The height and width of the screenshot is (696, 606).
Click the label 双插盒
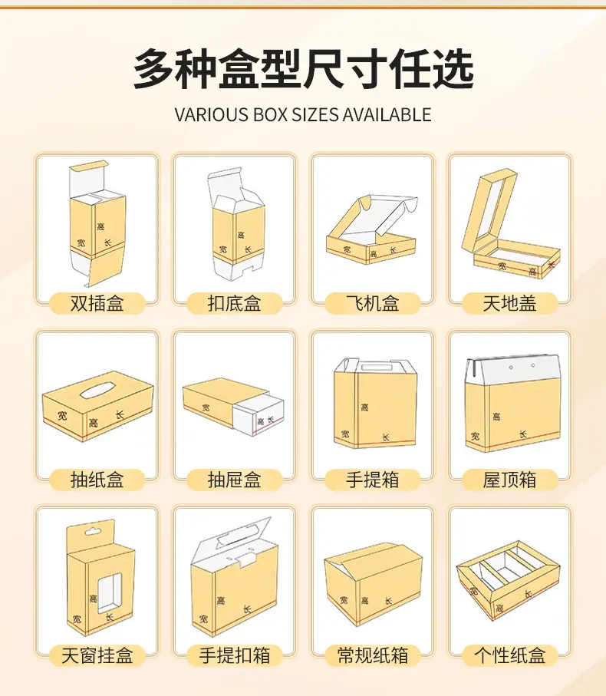point(97,304)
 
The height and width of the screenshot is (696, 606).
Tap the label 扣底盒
point(234,304)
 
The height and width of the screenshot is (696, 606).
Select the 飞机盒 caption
point(372,304)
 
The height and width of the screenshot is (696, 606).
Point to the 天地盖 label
point(510,304)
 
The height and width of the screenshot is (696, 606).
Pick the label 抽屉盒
point(234,480)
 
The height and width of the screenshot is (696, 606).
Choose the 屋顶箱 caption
point(510,480)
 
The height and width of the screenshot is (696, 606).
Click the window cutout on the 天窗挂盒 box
point(110,592)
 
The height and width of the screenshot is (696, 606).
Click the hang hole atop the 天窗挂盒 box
point(93,531)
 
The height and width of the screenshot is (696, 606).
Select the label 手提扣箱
point(234,655)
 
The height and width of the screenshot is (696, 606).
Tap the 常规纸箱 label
point(372,655)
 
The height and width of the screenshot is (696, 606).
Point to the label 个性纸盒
point(510,655)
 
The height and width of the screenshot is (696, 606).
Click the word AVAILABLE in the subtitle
point(387,114)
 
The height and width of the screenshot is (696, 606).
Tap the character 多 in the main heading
point(154,69)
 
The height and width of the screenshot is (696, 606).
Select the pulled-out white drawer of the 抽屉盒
point(259,414)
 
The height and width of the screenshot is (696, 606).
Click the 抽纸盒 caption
point(97,480)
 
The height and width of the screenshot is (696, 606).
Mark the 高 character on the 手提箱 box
point(364,407)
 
